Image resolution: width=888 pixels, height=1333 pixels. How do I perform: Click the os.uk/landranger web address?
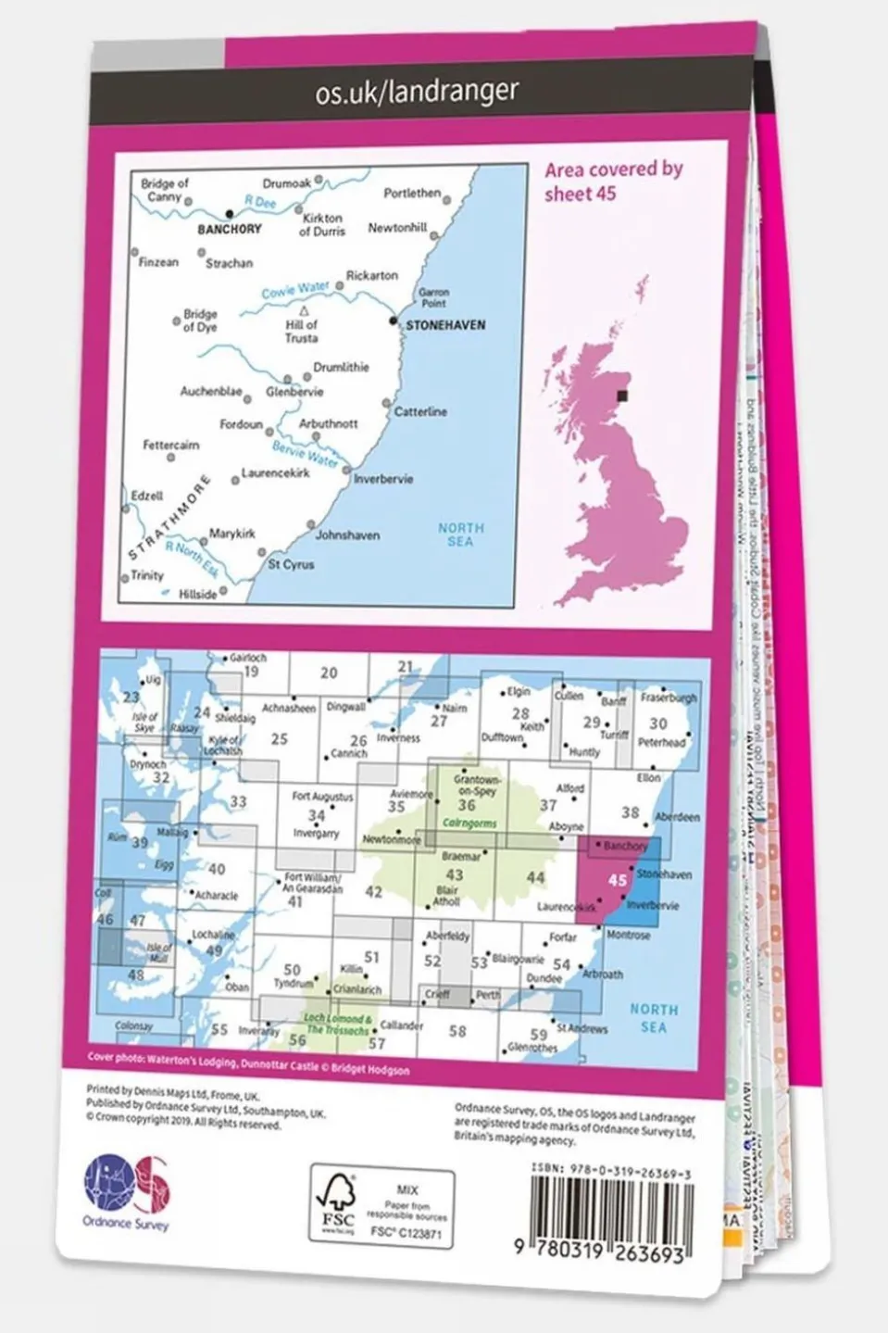tap(417, 92)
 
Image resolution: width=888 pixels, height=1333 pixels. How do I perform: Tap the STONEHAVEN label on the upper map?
tap(445, 326)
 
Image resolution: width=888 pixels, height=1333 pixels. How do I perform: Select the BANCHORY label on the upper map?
tap(230, 229)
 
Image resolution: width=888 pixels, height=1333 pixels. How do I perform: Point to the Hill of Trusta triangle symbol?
tap(304, 312)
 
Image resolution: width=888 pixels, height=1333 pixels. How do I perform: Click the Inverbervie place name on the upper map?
tap(383, 479)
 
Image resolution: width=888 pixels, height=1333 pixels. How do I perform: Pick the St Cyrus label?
tap(291, 564)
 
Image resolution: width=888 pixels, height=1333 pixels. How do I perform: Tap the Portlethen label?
tap(412, 194)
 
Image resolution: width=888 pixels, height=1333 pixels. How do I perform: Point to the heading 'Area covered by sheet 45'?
tap(613, 182)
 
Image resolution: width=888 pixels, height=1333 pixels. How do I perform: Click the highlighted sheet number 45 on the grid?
tap(618, 880)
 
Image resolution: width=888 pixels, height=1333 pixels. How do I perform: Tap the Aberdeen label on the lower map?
tap(677, 818)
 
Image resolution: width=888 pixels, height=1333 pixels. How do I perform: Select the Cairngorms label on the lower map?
tap(469, 823)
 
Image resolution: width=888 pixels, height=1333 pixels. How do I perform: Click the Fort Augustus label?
tap(322, 797)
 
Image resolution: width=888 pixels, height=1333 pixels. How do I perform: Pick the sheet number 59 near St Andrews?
tap(539, 1035)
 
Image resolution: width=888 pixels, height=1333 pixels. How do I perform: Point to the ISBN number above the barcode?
tap(611, 1172)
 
